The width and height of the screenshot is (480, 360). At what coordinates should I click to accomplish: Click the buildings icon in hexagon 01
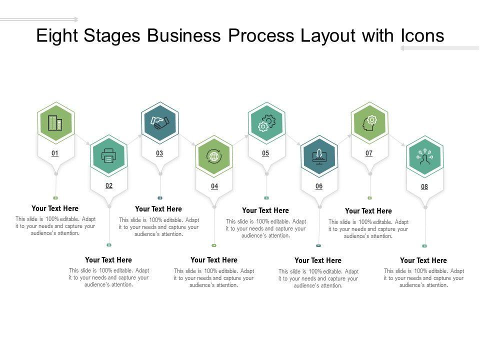pyautogui.click(x=55, y=122)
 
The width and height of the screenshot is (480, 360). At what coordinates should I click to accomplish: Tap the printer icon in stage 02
pyautogui.click(x=108, y=156)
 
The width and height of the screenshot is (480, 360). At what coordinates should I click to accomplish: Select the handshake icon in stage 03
pyautogui.click(x=159, y=122)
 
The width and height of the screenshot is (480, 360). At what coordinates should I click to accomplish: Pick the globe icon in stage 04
pyautogui.click(x=214, y=156)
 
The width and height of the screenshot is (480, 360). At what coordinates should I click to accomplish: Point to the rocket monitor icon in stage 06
pyautogui.click(x=319, y=156)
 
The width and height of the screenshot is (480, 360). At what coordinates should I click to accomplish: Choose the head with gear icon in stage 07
pyautogui.click(x=370, y=122)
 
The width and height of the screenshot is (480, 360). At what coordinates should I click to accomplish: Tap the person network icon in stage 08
pyautogui.click(x=424, y=156)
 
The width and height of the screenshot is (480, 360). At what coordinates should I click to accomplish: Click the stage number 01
pyautogui.click(x=55, y=153)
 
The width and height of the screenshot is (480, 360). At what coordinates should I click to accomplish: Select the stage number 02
pyautogui.click(x=108, y=186)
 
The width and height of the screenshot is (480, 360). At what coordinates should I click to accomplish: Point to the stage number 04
pyautogui.click(x=214, y=186)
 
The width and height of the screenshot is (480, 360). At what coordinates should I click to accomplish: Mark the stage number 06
pyautogui.click(x=319, y=186)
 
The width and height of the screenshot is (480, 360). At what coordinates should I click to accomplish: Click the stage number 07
pyautogui.click(x=369, y=153)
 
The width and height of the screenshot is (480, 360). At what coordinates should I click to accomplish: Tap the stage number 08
pyautogui.click(x=424, y=187)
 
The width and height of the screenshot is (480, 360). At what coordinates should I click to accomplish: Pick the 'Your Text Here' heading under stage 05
pyautogui.click(x=265, y=210)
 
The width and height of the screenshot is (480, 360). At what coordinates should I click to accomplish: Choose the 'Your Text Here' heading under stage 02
pyautogui.click(x=108, y=260)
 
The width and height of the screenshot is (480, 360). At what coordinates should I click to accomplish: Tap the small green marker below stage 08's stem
pyautogui.click(x=424, y=246)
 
